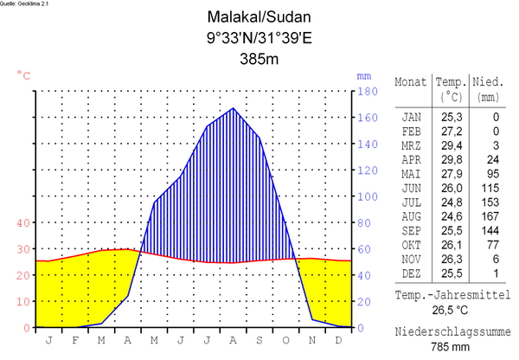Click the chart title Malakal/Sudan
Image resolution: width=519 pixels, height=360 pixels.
tap(259, 16)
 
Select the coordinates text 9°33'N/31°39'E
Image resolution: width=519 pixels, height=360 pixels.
tap(259, 38)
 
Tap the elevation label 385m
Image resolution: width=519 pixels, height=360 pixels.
tap(259, 60)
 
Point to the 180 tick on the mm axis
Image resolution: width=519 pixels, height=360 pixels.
tap(368, 91)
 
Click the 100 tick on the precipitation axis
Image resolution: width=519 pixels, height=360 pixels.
tap(368, 196)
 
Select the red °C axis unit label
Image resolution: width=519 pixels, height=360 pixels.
tap(23, 75)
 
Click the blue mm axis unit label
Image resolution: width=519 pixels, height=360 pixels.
tap(363, 75)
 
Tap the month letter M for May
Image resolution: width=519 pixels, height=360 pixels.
tap(154, 340)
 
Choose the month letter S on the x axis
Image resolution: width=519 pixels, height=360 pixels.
tap(259, 340)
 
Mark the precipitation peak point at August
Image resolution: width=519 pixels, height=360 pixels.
tap(233, 108)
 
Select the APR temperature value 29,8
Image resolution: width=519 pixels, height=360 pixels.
tap(451, 159)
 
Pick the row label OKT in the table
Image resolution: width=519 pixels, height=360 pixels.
tap(412, 245)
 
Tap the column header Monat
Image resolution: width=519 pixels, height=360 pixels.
tap(411, 81)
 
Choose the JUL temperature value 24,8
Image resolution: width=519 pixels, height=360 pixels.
tap(451, 202)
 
